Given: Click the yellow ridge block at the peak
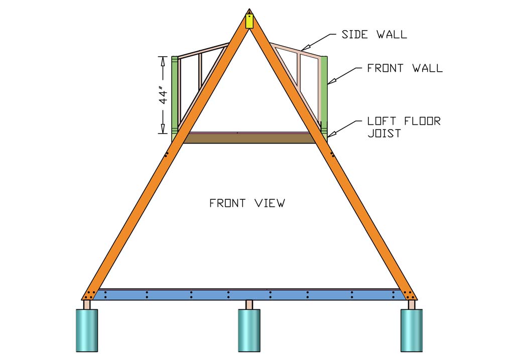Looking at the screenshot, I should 249,21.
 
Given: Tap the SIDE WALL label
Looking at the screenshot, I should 374,35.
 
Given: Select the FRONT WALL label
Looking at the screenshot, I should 405,68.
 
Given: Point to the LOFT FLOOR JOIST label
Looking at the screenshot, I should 404,128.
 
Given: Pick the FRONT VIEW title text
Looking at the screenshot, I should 247,203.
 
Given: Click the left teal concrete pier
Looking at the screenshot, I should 86,330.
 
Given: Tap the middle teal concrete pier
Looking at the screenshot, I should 249,330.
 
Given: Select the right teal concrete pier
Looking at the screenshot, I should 411,330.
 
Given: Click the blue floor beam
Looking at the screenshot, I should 249,295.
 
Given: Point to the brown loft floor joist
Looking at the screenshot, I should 249,138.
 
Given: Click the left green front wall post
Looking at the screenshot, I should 175,95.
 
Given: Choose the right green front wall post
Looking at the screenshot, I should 324,95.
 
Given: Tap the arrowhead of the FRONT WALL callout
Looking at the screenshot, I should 330,81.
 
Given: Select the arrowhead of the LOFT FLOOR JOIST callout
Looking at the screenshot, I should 329,135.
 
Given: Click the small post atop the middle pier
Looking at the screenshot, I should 249,305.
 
